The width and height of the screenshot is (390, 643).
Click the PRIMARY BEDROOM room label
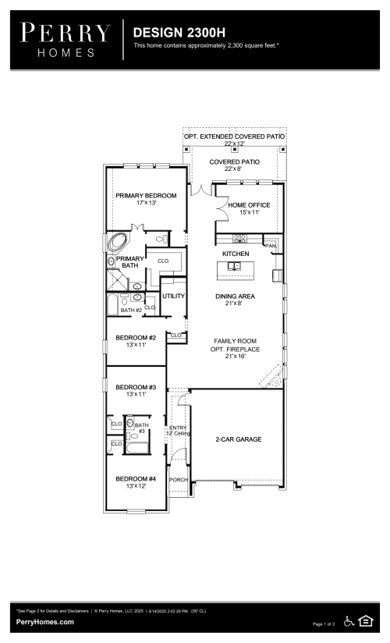146,195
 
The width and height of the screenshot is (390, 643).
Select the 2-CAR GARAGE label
238,439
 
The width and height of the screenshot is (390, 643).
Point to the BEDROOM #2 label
136,337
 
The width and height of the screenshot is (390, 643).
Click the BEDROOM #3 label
136,387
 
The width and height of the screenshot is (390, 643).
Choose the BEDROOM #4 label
136,478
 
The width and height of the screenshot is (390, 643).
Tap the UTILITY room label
172,297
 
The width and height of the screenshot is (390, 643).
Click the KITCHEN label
236,254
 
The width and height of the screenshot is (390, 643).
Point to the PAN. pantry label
270,246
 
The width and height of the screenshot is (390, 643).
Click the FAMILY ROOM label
238,341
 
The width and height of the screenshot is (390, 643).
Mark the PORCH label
179,479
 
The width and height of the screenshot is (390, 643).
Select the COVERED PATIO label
234,162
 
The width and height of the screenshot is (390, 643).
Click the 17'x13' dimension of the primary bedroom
146,203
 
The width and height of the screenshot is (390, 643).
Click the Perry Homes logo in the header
66,39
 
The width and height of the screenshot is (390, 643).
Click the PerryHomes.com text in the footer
45,622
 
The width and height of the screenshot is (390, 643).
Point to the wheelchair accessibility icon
349,621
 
